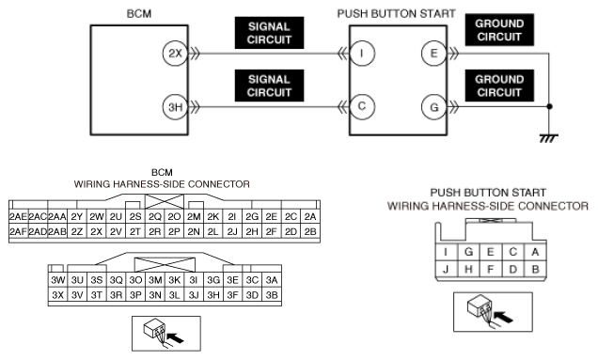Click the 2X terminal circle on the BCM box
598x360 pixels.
(175, 54)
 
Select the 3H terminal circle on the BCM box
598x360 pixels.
(175, 107)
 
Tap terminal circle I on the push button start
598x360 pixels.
(362, 54)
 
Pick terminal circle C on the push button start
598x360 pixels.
(362, 106)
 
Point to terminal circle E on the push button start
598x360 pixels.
(434, 54)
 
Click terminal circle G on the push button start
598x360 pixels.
(434, 107)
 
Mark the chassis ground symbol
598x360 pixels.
(549, 138)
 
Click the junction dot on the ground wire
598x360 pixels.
(549, 107)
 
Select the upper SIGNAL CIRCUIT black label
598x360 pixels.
(269, 33)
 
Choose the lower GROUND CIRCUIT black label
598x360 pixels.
(499, 86)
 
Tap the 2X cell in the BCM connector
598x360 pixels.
(97, 231)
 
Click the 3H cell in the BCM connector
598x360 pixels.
(213, 295)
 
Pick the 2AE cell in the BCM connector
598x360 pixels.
(18, 216)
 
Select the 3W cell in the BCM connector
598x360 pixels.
(58, 280)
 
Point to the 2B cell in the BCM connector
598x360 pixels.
(310, 231)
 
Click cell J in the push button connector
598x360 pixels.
(447, 269)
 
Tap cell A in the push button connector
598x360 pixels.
(535, 252)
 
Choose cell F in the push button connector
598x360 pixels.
(491, 269)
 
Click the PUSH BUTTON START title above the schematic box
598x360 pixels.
(396, 14)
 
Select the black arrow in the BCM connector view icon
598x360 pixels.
(176, 337)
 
